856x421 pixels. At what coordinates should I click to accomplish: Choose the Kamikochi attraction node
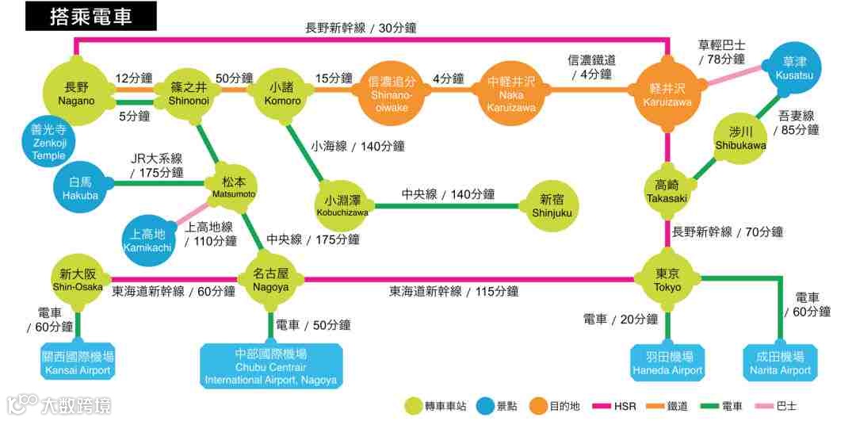tap(148, 239)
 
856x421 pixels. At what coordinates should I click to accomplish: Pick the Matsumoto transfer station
tap(234, 187)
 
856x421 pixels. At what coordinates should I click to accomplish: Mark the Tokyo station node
tap(667, 278)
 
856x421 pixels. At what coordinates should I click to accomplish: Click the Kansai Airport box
tap(77, 363)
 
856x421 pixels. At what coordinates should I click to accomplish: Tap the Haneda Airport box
tap(667, 363)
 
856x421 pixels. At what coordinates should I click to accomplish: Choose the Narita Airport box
tap(781, 363)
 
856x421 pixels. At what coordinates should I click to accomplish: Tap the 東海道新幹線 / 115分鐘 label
tap(453, 292)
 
